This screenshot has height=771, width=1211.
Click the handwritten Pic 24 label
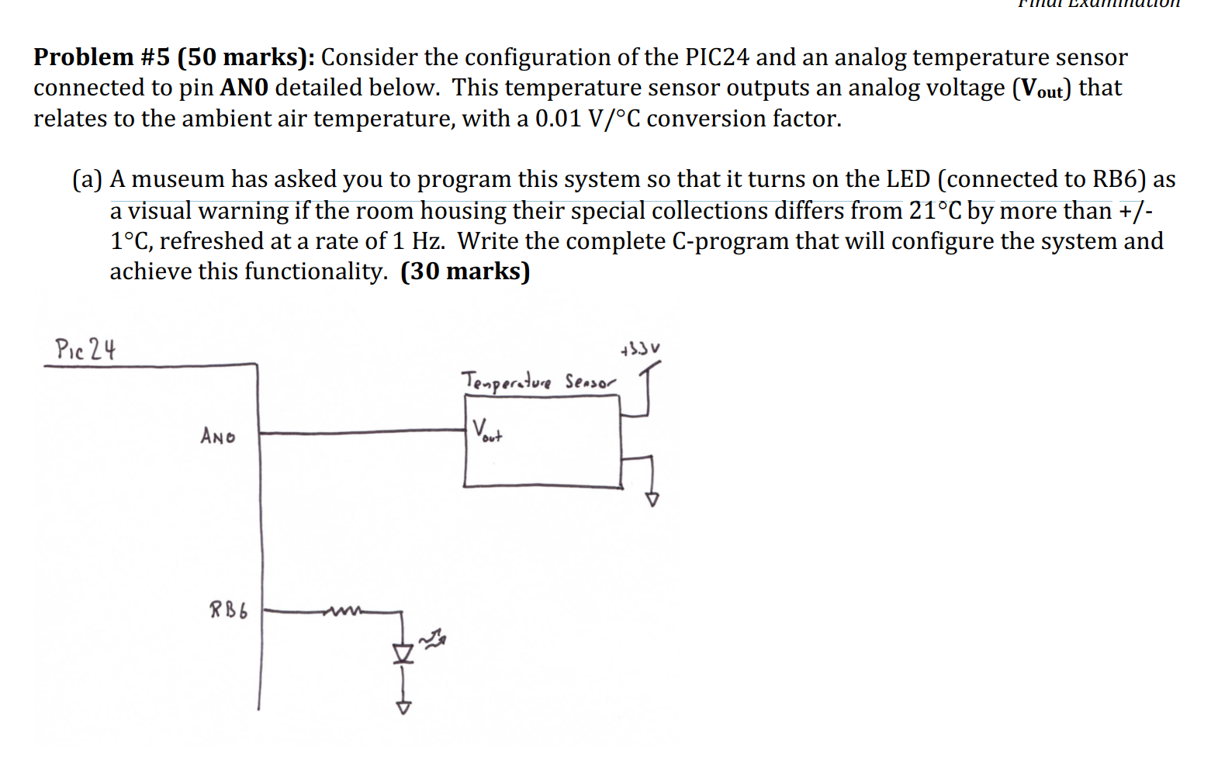click(85, 349)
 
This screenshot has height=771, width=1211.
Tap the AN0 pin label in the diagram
click(217, 437)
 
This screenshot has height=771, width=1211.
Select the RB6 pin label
click(228, 610)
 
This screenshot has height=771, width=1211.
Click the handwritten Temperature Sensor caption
click(538, 382)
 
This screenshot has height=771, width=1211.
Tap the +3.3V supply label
click(641, 349)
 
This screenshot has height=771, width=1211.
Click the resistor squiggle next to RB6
click(341, 612)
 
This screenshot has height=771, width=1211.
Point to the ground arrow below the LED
click(403, 707)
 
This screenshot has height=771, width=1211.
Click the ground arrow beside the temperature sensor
click(652, 499)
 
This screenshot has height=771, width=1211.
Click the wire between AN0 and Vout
click(361, 431)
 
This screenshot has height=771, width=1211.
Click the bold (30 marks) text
click(465, 271)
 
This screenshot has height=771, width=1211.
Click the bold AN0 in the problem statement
click(244, 88)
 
